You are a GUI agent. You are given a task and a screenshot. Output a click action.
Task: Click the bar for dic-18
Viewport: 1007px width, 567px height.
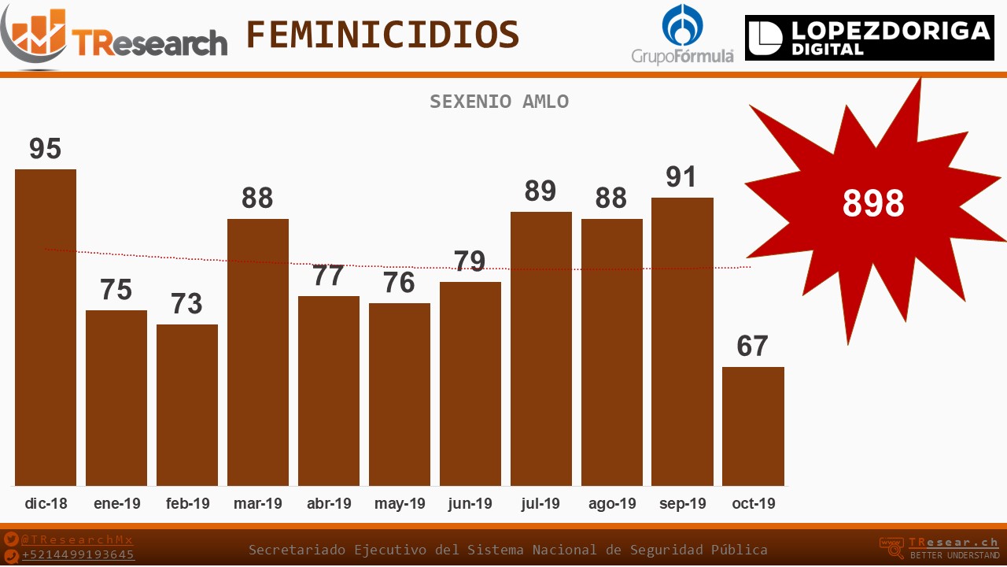[46, 327]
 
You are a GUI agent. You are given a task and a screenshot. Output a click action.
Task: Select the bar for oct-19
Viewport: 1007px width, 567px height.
[753, 426]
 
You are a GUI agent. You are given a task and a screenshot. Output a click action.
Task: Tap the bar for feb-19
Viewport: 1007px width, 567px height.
[187, 405]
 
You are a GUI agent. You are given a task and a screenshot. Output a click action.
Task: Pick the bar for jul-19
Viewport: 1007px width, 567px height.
[540, 348]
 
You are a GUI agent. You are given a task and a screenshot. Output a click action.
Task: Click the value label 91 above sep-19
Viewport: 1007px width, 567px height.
[681, 177]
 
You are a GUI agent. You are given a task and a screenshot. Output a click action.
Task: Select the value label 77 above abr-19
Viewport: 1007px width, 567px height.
[328, 276]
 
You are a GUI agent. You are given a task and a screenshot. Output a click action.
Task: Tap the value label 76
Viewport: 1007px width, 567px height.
[399, 283]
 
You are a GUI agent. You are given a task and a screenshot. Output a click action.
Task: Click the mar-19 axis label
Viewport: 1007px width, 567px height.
[257, 504]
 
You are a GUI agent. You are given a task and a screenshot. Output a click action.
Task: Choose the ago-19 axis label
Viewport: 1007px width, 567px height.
[611, 504]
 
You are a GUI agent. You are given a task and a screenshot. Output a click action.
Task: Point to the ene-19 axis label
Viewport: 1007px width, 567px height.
[116, 504]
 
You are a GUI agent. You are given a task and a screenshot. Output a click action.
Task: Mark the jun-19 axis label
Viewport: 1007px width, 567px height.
[470, 504]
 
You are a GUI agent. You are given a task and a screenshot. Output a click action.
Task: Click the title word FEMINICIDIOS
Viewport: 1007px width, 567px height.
[382, 35]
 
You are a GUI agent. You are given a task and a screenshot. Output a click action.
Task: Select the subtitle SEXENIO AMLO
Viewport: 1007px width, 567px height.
[499, 102]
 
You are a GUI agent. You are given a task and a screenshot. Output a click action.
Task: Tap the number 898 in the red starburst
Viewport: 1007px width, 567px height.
[873, 204]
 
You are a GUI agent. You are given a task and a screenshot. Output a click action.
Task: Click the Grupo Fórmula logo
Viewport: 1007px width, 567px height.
[682, 35]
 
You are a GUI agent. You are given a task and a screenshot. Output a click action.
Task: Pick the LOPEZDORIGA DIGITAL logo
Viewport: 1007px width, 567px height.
[869, 38]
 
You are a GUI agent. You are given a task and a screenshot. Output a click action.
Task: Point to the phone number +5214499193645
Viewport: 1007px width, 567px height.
[78, 555]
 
